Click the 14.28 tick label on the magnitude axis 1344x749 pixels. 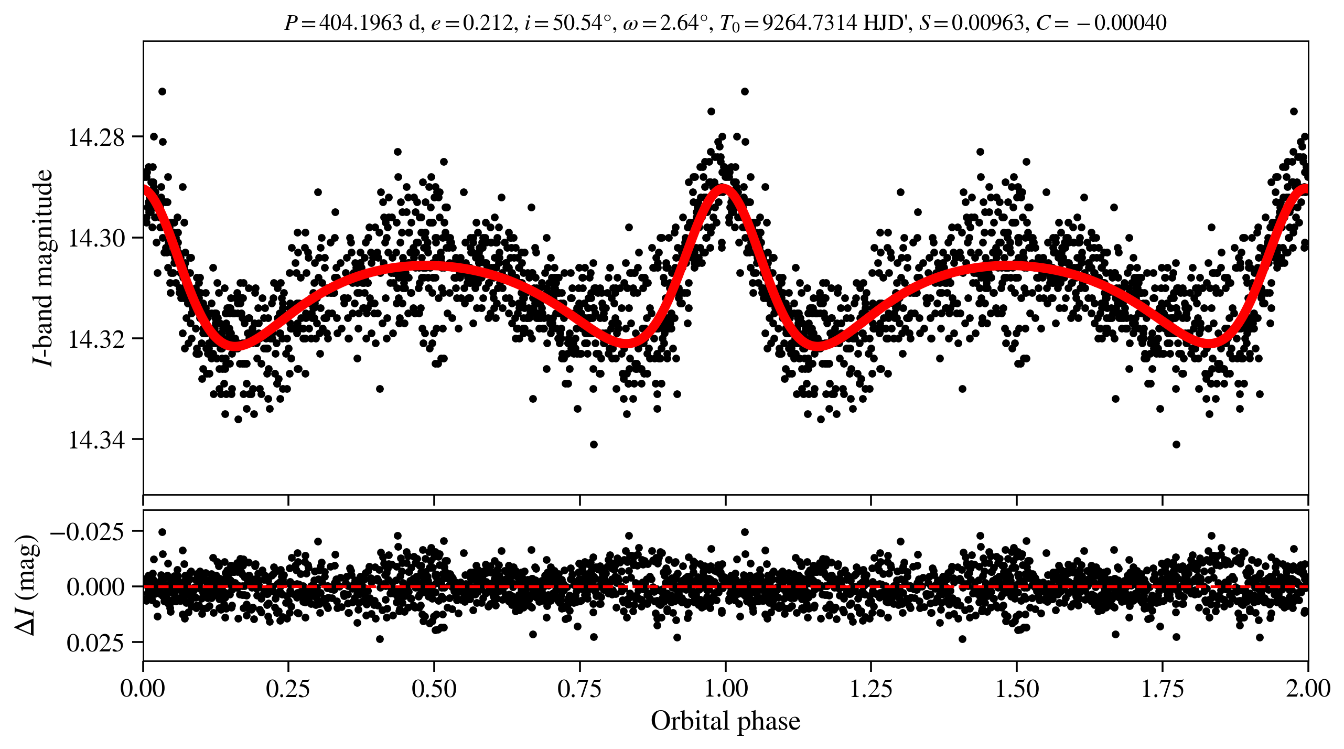96,137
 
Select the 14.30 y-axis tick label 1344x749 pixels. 96,238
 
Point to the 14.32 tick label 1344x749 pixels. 96,339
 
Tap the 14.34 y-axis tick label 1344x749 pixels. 96,440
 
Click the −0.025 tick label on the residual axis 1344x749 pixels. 87,532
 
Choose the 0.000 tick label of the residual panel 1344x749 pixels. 95,587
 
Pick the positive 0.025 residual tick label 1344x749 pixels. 95,643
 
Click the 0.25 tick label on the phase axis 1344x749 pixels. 288,688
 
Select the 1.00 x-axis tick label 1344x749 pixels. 725,688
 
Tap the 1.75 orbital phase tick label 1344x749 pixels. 1163,688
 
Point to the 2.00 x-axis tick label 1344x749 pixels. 1307,688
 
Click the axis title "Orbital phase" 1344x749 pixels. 725,721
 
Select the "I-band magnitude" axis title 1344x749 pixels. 43,267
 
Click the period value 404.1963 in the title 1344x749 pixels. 361,23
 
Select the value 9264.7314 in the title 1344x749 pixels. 810,23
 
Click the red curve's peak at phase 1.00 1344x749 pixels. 724,187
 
